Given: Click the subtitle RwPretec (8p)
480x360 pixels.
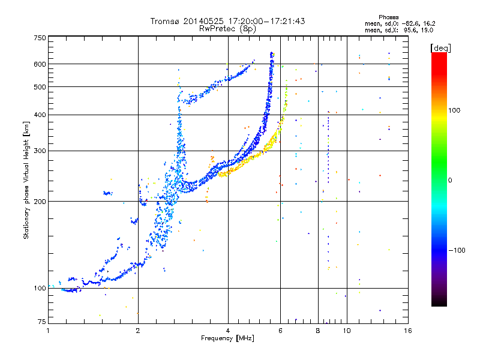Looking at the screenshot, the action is coord(227,29).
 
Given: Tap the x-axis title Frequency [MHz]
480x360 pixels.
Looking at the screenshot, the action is coord(227,338).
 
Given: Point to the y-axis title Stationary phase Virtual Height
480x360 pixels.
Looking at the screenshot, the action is coord(26,181).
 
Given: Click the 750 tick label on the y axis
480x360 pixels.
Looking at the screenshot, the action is coord(40,38).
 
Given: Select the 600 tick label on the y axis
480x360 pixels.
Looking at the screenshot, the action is coord(40,64).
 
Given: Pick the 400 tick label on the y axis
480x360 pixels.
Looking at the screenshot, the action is coord(40,115).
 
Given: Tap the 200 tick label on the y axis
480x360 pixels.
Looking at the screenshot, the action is coord(40,202).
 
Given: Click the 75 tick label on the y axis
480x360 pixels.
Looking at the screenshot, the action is coord(42,322).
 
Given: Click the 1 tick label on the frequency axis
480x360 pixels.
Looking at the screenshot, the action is coord(48,331).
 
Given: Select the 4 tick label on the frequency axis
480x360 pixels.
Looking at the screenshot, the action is coord(228,331).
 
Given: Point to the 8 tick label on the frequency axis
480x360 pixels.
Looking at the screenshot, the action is coord(318,331).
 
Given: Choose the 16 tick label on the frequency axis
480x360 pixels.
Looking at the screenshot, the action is coord(408,331).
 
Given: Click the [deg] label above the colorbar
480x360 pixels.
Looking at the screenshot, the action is coord(441,49).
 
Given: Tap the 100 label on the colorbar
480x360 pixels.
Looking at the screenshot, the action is coord(454,110).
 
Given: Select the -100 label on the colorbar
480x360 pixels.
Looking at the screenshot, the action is coord(457,250).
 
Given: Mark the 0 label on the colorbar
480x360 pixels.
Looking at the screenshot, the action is coord(450,181).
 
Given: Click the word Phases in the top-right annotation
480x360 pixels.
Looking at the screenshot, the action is coord(388,17).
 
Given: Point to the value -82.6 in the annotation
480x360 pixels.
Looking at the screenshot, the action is coord(411,23).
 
